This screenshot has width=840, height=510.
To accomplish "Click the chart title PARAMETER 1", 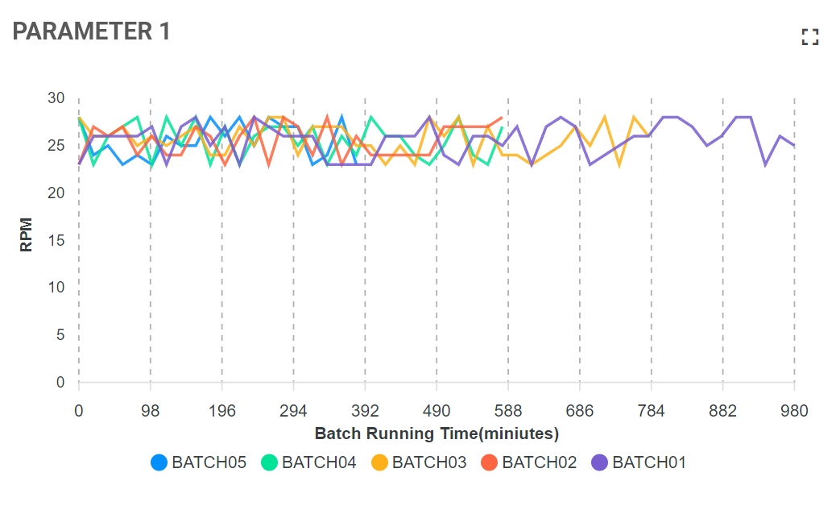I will [x=91, y=31].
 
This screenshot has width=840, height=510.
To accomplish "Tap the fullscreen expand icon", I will [x=809, y=37].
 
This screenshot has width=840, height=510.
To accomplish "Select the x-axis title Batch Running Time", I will [x=437, y=433].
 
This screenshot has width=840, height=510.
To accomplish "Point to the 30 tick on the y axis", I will [x=56, y=98].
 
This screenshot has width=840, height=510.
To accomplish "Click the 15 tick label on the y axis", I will [x=56, y=240].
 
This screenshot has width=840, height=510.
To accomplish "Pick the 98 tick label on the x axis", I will [x=151, y=411].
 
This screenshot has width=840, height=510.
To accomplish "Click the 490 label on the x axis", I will [x=437, y=411].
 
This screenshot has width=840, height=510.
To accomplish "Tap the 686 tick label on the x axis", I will [x=580, y=411].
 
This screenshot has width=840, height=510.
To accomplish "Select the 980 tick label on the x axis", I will [x=794, y=411].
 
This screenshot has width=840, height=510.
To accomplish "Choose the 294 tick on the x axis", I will [x=293, y=411].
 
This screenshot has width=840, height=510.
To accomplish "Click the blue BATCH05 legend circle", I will [x=159, y=462].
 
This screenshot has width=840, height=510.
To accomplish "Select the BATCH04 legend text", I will [x=319, y=462].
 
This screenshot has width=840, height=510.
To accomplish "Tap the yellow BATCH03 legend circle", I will [x=379, y=462].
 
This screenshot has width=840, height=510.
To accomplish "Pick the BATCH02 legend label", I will [x=539, y=462].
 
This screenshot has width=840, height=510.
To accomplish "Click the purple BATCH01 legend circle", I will [x=600, y=462].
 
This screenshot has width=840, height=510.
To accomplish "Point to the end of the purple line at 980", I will [x=794, y=145].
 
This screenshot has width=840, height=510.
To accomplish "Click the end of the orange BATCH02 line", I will [x=502, y=118].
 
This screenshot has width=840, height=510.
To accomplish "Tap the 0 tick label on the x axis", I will [x=79, y=411].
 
